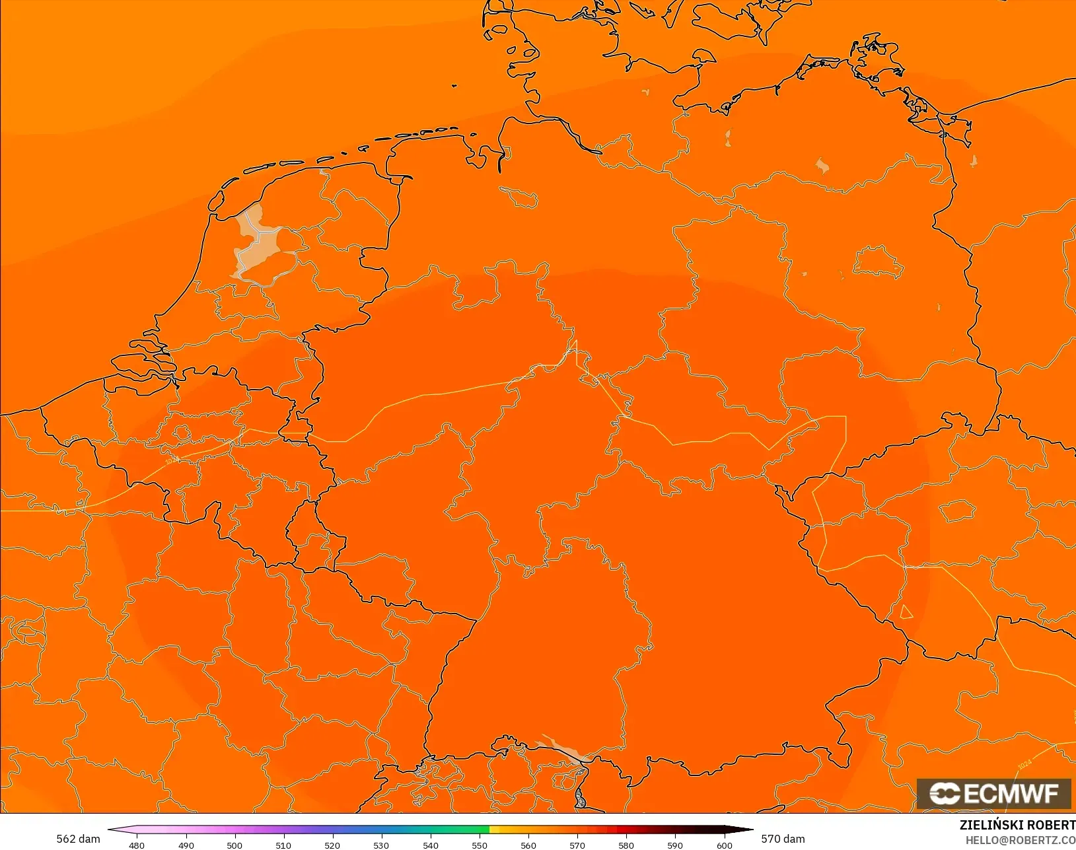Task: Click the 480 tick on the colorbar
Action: point(137,845)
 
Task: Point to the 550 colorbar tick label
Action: point(480,845)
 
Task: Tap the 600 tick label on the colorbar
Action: point(725,845)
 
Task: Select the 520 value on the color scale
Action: point(332,845)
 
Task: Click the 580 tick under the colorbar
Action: point(626,845)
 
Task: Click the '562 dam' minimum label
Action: point(78,839)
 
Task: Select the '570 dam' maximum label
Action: point(783,839)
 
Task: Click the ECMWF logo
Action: point(993,793)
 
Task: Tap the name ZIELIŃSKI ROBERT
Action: point(1017,825)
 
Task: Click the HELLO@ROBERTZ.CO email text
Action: point(1021,840)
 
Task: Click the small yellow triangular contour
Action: point(906,612)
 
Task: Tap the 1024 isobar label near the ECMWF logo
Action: point(1024,764)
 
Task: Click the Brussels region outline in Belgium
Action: point(182,433)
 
